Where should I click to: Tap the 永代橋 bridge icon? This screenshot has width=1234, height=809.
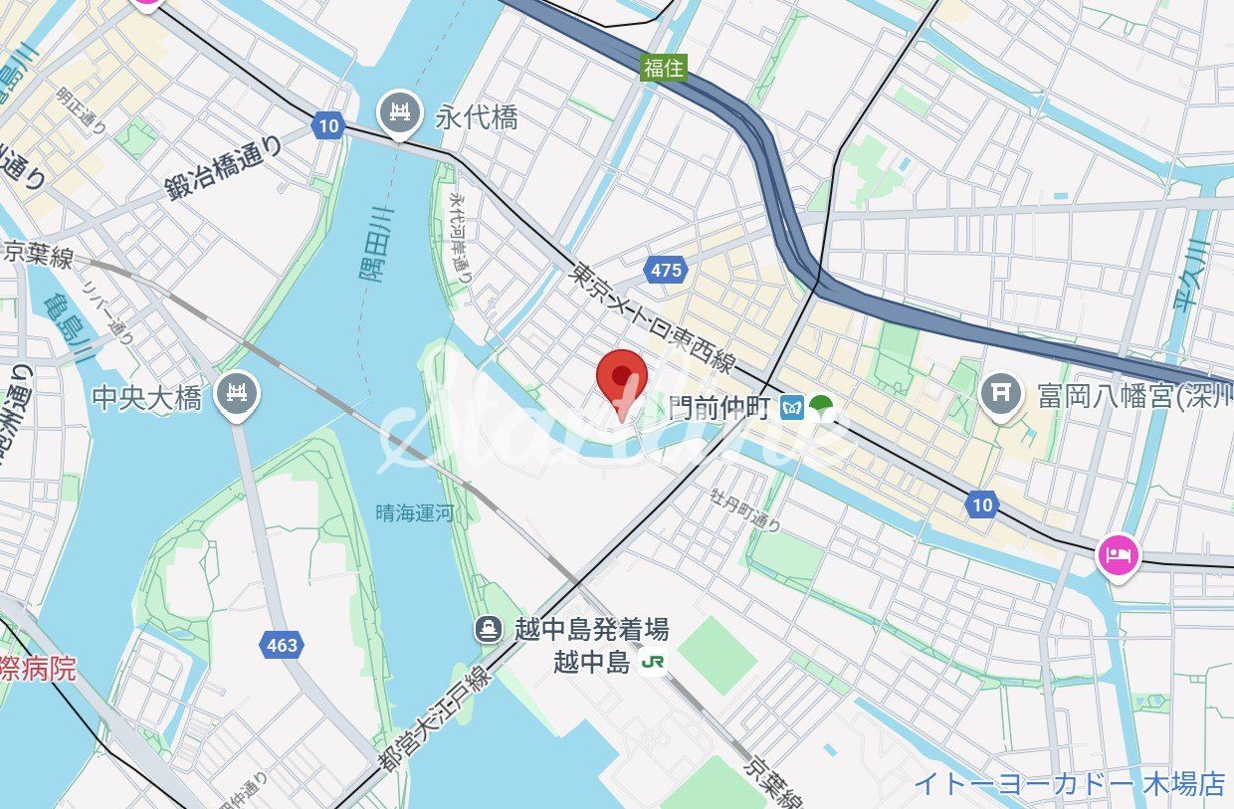click(x=400, y=114)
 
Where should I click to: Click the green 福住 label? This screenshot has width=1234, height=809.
click(x=664, y=68)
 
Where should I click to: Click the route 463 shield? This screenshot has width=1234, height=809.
click(x=282, y=645)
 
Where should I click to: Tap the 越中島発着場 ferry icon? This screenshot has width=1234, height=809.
click(x=489, y=629)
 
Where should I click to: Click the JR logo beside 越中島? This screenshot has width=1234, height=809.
click(x=653, y=662)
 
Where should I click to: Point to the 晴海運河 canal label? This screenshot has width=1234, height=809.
click(x=414, y=513)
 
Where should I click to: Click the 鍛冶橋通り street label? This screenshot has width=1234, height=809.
click(x=224, y=169)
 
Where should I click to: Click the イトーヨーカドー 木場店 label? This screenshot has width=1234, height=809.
click(x=1070, y=783)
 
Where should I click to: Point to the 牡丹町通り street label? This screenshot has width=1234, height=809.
click(x=745, y=508)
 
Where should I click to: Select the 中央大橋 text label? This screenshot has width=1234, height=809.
click(x=146, y=398)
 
